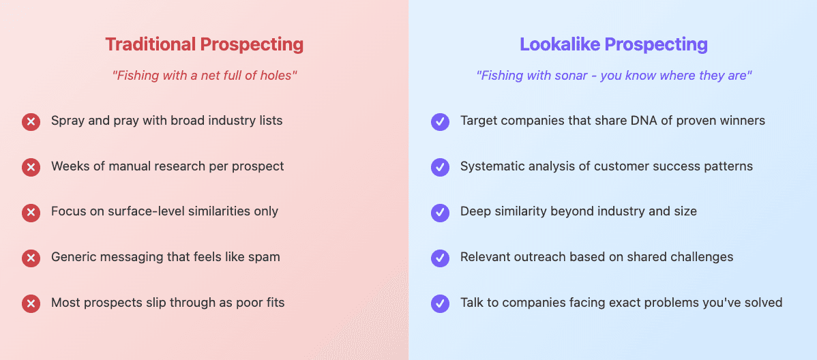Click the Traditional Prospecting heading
point(204,44)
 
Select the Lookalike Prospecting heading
point(613,44)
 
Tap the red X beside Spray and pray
point(31,121)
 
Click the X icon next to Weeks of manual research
point(31,167)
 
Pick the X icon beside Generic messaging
point(31,258)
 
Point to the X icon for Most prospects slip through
point(31,303)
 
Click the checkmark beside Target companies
point(440,121)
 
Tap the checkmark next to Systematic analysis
point(440,167)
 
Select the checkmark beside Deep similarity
point(440,212)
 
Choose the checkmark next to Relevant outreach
point(440,258)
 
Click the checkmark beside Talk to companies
point(440,303)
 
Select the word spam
point(265,257)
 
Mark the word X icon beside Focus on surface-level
point(31,212)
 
